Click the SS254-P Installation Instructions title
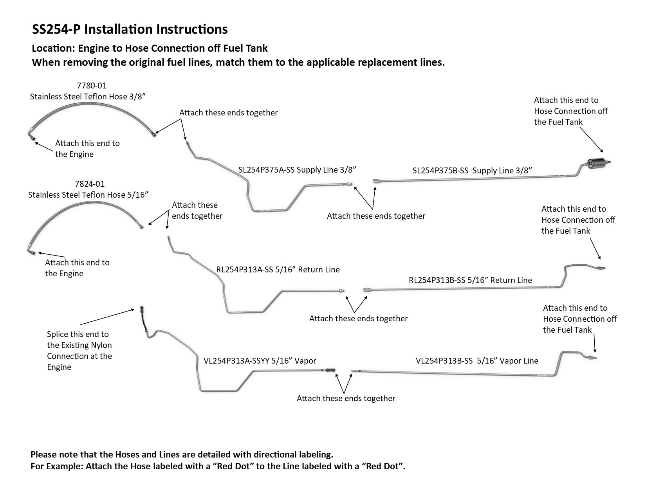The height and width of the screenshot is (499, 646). (129, 29)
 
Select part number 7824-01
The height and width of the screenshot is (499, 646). (90, 184)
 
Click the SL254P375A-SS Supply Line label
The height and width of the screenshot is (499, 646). (297, 169)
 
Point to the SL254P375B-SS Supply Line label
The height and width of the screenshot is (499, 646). (472, 171)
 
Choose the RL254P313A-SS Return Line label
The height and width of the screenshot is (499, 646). (278, 269)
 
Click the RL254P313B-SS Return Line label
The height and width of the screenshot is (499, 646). (470, 280)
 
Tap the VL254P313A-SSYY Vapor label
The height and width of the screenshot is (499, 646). (260, 360)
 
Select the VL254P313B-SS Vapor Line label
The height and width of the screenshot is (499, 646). (477, 360)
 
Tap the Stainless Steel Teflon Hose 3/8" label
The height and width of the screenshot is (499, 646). (88, 96)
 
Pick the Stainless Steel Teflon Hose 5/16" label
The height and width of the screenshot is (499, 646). (88, 195)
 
